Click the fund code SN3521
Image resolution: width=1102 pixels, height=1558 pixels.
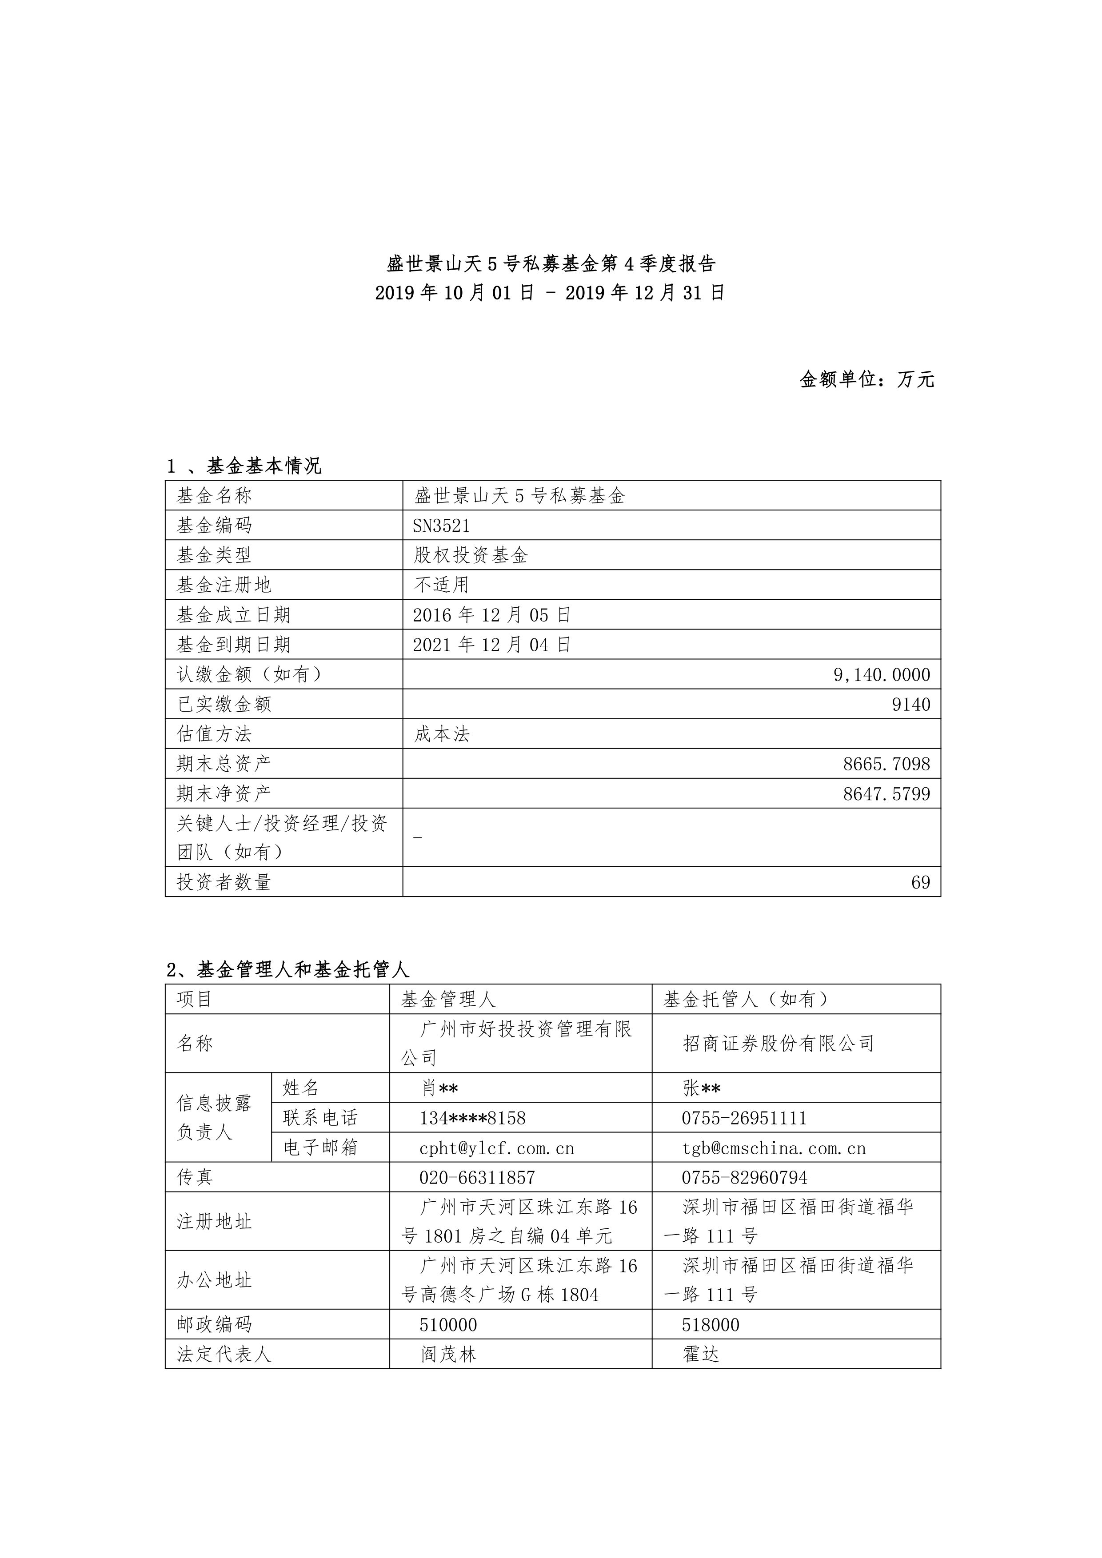pyautogui.click(x=441, y=526)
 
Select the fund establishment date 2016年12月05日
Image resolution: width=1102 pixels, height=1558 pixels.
pyautogui.click(x=491, y=615)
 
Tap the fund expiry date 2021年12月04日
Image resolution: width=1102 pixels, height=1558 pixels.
pyautogui.click(x=491, y=645)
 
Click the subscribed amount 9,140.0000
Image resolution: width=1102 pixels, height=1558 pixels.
pyautogui.click(x=882, y=675)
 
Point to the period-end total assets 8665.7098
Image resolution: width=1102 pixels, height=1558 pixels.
pyautogui.click(x=886, y=764)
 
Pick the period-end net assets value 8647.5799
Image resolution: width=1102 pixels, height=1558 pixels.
pyautogui.click(x=886, y=794)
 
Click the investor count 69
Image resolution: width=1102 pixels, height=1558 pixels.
pyautogui.click(x=920, y=882)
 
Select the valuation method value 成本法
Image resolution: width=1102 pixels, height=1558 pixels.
pyautogui.click(x=442, y=734)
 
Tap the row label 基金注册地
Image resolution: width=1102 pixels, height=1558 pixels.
pyautogui.click(x=224, y=585)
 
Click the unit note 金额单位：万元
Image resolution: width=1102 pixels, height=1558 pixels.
pyautogui.click(x=866, y=379)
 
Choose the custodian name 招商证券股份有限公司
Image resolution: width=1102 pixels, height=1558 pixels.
pyautogui.click(x=779, y=1043)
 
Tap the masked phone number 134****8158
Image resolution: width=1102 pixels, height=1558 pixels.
pyautogui.click(x=472, y=1118)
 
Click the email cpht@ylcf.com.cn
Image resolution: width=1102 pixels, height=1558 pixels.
pyautogui.click(x=497, y=1148)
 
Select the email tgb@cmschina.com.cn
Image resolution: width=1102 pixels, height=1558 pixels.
pyautogui.click(x=774, y=1148)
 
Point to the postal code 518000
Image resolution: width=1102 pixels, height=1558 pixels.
pyautogui.click(x=711, y=1325)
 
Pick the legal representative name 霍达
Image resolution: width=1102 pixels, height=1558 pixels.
pyautogui.click(x=700, y=1355)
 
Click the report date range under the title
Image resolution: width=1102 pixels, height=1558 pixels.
pyautogui.click(x=550, y=293)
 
